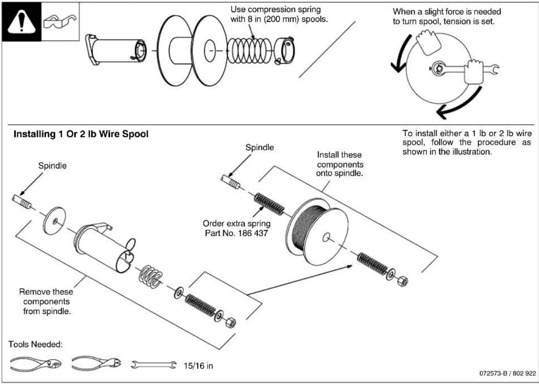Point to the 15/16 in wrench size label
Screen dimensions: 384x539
[x=198, y=365]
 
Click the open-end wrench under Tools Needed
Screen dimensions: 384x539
[x=153, y=365]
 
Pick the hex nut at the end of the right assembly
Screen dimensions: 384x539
[x=402, y=281]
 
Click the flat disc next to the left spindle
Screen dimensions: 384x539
[x=53, y=220]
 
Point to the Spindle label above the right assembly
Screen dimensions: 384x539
[x=260, y=147]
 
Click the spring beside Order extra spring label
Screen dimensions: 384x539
[x=270, y=203]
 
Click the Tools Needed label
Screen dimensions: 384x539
[x=35, y=344]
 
